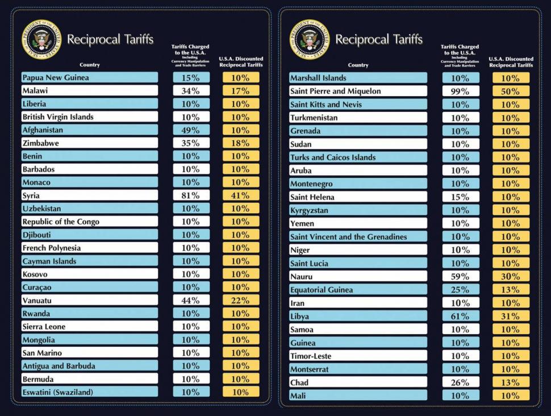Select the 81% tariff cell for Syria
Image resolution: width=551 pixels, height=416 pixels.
pos(190,195)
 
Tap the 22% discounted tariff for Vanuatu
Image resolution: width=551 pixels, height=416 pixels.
pos(241,300)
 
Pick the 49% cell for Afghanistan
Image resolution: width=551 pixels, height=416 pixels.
pos(190,130)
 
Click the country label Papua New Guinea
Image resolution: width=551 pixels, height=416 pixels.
pos(56,77)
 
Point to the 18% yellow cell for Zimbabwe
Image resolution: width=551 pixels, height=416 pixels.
pos(241,143)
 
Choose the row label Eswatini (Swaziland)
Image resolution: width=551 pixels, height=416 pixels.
pos(57,392)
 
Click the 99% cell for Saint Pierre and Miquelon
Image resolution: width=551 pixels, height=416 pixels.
pos(460,91)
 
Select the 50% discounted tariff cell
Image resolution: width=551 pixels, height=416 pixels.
pos(510,91)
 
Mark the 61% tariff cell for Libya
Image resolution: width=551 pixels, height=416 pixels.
pos(460,316)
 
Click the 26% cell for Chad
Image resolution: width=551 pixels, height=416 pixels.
pos(460,382)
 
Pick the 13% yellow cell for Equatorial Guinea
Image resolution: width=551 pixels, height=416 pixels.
pos(510,289)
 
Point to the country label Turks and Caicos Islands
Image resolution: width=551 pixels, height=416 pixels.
pos(333,157)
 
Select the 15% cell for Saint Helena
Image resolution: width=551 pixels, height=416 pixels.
pos(460,197)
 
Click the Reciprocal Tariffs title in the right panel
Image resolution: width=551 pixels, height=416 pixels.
pos(379,39)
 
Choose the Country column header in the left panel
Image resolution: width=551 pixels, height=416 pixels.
pos(90,65)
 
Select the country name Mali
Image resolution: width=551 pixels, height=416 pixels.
pos(298,396)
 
